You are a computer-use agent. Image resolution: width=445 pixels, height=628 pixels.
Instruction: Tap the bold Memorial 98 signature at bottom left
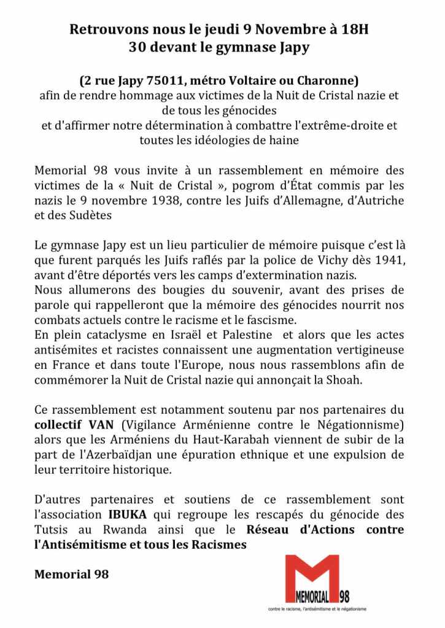click(x=71, y=575)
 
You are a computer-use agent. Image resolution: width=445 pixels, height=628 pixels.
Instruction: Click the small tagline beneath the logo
click(x=317, y=609)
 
